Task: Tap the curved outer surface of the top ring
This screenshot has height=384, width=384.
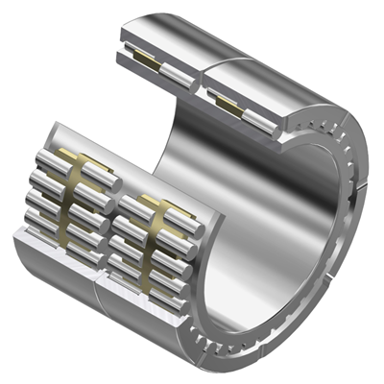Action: point(278,58)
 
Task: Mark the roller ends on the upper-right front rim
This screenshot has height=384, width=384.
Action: point(326,134)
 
